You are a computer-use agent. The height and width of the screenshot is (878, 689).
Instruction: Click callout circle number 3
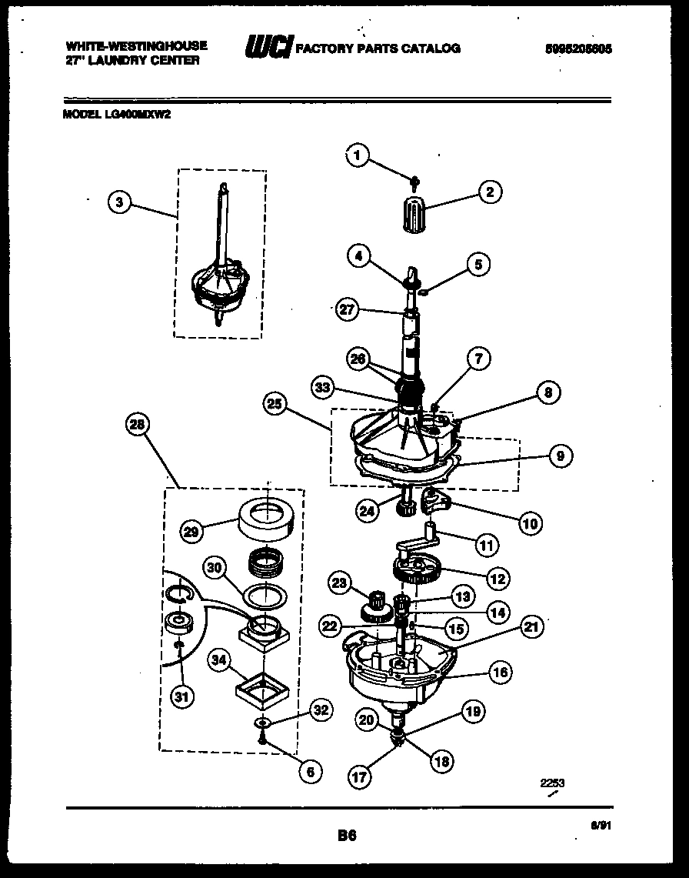118,202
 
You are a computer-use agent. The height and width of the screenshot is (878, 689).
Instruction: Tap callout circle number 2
489,192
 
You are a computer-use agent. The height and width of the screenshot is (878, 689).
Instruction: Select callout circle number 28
138,425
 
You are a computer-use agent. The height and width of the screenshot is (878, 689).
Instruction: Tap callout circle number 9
560,456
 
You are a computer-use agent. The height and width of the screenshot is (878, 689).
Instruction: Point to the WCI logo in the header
267,48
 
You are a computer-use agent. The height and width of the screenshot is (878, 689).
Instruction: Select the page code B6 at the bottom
347,835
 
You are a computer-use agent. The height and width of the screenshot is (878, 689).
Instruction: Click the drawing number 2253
552,783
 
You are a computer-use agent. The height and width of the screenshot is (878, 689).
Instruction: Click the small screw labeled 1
414,182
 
